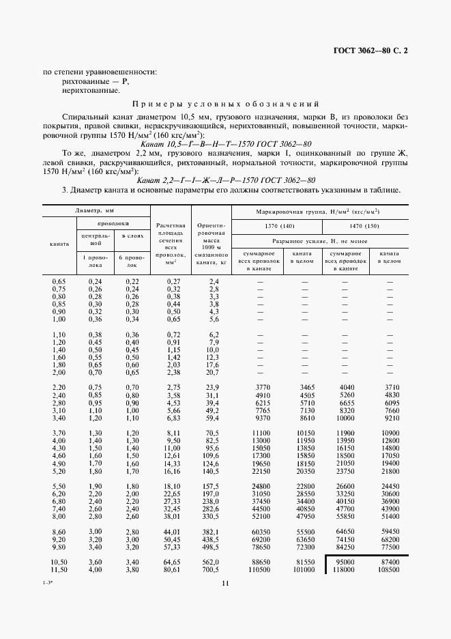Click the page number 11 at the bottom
[225, 582]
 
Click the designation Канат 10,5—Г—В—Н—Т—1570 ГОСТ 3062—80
[225, 145]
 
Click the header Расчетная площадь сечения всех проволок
[171, 242]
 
